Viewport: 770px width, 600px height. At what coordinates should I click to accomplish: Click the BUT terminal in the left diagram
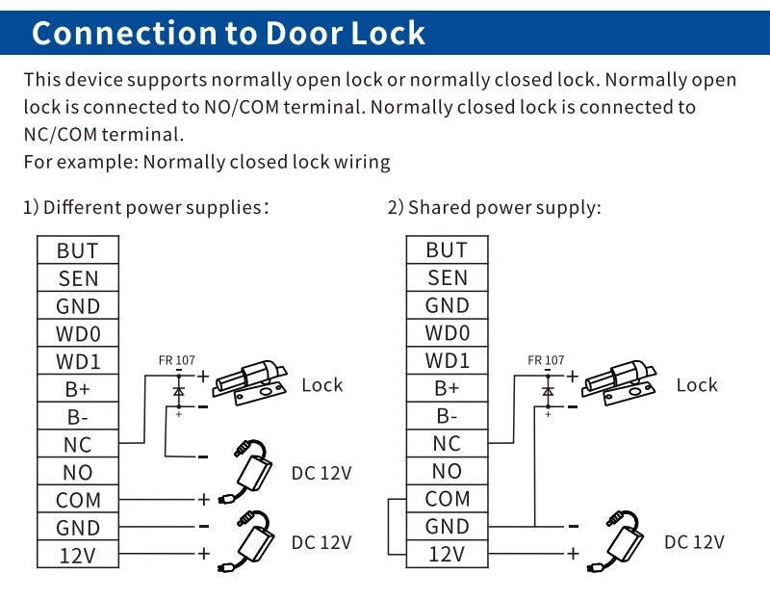(78, 250)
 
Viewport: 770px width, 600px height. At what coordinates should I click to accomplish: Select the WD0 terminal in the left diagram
(78, 334)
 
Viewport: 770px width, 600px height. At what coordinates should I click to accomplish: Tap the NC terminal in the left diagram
(78, 445)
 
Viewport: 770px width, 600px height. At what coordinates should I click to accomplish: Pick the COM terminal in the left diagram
(78, 501)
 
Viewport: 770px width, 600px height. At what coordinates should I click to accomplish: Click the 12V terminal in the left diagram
(78, 556)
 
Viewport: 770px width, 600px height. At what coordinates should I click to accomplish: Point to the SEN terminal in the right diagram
(447, 278)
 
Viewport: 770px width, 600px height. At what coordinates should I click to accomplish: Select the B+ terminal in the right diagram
(447, 389)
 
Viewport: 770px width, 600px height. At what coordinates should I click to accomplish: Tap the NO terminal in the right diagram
(447, 472)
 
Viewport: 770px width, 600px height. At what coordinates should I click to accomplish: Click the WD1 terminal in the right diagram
(447, 361)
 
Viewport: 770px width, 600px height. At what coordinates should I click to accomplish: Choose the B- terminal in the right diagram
(447, 417)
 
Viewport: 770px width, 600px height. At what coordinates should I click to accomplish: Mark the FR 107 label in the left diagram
(177, 361)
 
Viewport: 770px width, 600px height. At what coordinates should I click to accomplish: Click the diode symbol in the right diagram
(548, 391)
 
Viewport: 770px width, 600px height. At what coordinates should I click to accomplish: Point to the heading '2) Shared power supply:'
(494, 207)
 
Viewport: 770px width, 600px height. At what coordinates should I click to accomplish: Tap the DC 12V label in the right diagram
(693, 542)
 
